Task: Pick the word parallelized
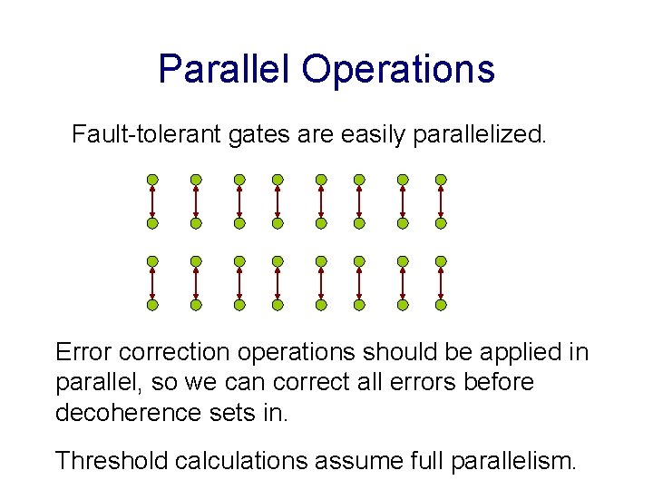coord(480,135)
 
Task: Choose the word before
coord(498,382)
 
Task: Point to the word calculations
coord(244,460)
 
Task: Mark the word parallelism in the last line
coord(509,460)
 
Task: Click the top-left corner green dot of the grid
coord(152,180)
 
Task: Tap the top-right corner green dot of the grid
coord(441,180)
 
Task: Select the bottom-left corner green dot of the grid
coord(152,305)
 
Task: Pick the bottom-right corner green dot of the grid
coord(441,305)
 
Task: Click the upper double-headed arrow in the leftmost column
coord(152,201)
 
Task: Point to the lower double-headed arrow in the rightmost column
coord(441,283)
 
